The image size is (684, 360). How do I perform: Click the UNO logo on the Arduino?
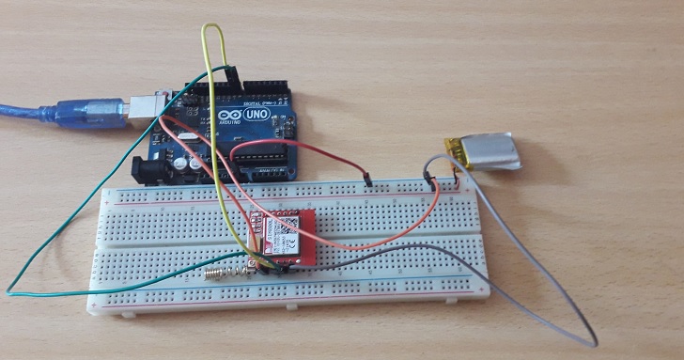click(x=258, y=114)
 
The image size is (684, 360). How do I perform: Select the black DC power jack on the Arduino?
click(x=149, y=170)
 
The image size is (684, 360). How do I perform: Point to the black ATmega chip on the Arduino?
click(x=264, y=154)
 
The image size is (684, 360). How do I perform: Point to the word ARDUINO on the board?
click(x=226, y=123)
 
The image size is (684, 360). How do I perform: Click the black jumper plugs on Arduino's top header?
click(x=225, y=73)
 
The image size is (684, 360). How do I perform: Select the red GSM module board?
click(x=279, y=235)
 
